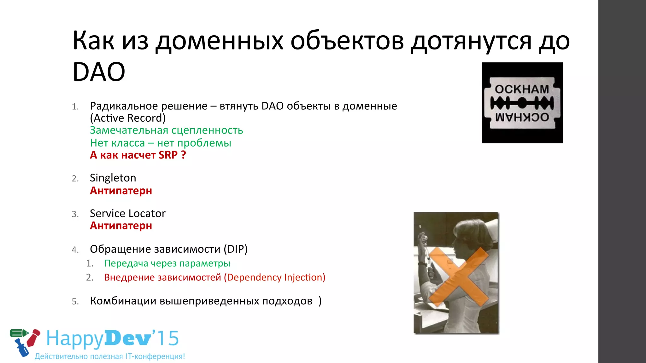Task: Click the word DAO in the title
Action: click(99, 72)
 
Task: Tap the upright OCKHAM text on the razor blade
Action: click(522, 89)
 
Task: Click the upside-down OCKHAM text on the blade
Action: click(522, 117)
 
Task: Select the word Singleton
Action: click(113, 178)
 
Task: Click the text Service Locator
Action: click(127, 214)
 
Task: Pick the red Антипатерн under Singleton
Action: click(121, 191)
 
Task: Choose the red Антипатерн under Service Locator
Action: click(121, 226)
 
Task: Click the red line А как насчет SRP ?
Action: click(138, 155)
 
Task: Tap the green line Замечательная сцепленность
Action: click(166, 130)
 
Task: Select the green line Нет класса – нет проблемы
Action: click(160, 143)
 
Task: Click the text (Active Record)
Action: click(127, 118)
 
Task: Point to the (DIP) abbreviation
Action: click(236, 249)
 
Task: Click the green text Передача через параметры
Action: click(167, 263)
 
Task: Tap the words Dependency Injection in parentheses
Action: click(274, 278)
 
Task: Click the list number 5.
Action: click(75, 302)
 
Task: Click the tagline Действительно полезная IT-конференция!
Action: click(109, 356)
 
